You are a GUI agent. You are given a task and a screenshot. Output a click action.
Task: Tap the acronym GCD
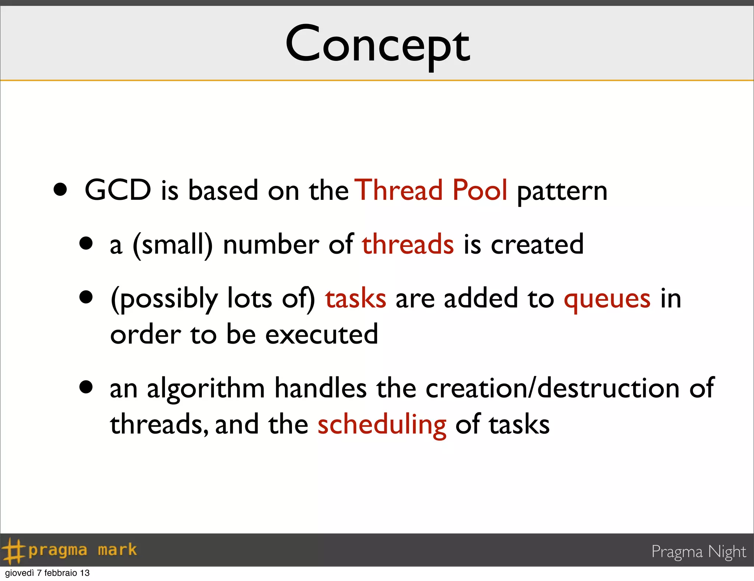click(118, 190)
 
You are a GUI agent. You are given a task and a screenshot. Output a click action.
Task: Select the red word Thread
click(399, 190)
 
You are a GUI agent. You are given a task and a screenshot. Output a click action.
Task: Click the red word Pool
click(480, 190)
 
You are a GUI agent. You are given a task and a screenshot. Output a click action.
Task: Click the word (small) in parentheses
click(173, 245)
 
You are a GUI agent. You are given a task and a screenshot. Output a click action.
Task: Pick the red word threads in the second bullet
click(408, 244)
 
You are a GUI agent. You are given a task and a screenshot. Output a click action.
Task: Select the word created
click(537, 244)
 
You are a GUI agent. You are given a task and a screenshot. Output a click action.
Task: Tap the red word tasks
click(356, 298)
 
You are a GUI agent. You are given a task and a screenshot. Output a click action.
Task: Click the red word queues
click(607, 299)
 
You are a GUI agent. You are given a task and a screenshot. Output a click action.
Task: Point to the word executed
click(321, 334)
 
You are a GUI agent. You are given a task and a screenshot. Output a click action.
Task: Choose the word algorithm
click(206, 389)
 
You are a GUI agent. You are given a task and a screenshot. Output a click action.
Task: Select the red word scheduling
click(382, 425)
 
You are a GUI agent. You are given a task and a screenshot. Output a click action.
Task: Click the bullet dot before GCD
click(60, 189)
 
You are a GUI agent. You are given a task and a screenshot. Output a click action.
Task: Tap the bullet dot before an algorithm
click(86, 387)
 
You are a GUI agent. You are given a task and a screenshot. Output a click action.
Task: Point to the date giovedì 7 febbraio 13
click(47, 573)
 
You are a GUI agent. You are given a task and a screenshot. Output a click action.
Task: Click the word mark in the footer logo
click(117, 550)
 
